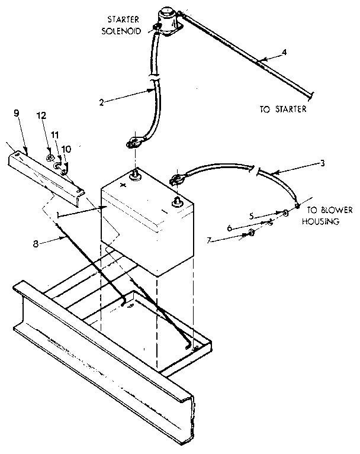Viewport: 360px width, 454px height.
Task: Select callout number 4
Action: (x=284, y=52)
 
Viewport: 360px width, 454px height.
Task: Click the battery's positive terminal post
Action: (x=135, y=175)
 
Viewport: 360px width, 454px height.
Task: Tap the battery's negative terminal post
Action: (x=176, y=203)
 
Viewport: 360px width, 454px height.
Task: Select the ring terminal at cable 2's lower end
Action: (x=132, y=143)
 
